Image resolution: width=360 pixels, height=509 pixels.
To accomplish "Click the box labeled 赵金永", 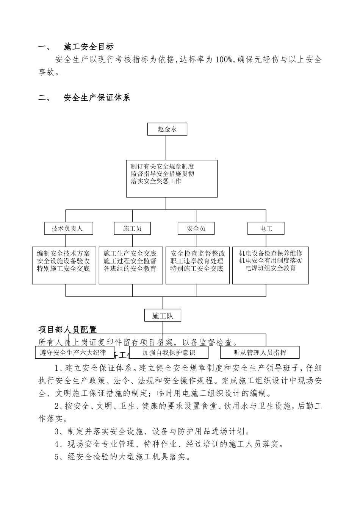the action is tap(167, 129).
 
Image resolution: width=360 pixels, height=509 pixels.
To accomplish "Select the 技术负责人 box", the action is tap(67, 228).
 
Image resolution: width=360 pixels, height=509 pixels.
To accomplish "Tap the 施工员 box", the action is tap(132, 228).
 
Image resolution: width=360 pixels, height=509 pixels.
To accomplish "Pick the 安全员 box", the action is tap(196, 228).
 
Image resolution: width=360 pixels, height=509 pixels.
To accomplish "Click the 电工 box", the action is tap(266, 228).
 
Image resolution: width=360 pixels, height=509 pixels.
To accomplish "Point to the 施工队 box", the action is tap(163, 315).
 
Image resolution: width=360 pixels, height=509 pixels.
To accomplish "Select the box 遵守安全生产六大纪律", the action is tap(73, 353).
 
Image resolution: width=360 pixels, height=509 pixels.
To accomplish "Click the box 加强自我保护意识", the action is tap(169, 353).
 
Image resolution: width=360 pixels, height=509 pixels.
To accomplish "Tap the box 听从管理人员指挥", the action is tap(260, 353).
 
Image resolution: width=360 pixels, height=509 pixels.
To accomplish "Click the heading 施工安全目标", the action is tap(89, 47).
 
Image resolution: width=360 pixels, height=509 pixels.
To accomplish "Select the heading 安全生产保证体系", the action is tap(97, 98).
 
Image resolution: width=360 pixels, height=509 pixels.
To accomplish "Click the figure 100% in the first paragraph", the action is tap(224, 59).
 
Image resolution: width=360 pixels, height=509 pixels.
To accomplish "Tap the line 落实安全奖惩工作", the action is tap(156, 181).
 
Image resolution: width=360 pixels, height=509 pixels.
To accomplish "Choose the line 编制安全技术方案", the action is tap(63, 253).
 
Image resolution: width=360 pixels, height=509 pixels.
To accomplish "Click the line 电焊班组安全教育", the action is tap(270, 268).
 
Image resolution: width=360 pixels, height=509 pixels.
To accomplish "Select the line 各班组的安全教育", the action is tap(130, 269).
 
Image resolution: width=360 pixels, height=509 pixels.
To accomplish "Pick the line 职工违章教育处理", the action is tap(197, 261).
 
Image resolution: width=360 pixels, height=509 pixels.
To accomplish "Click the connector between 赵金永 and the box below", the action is tap(166, 148).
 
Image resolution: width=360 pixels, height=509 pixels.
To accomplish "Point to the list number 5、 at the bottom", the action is tap(59, 457).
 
